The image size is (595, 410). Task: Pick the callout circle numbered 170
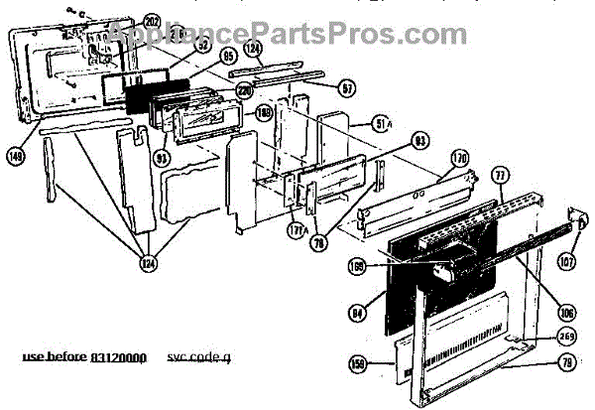pos(459,158)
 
